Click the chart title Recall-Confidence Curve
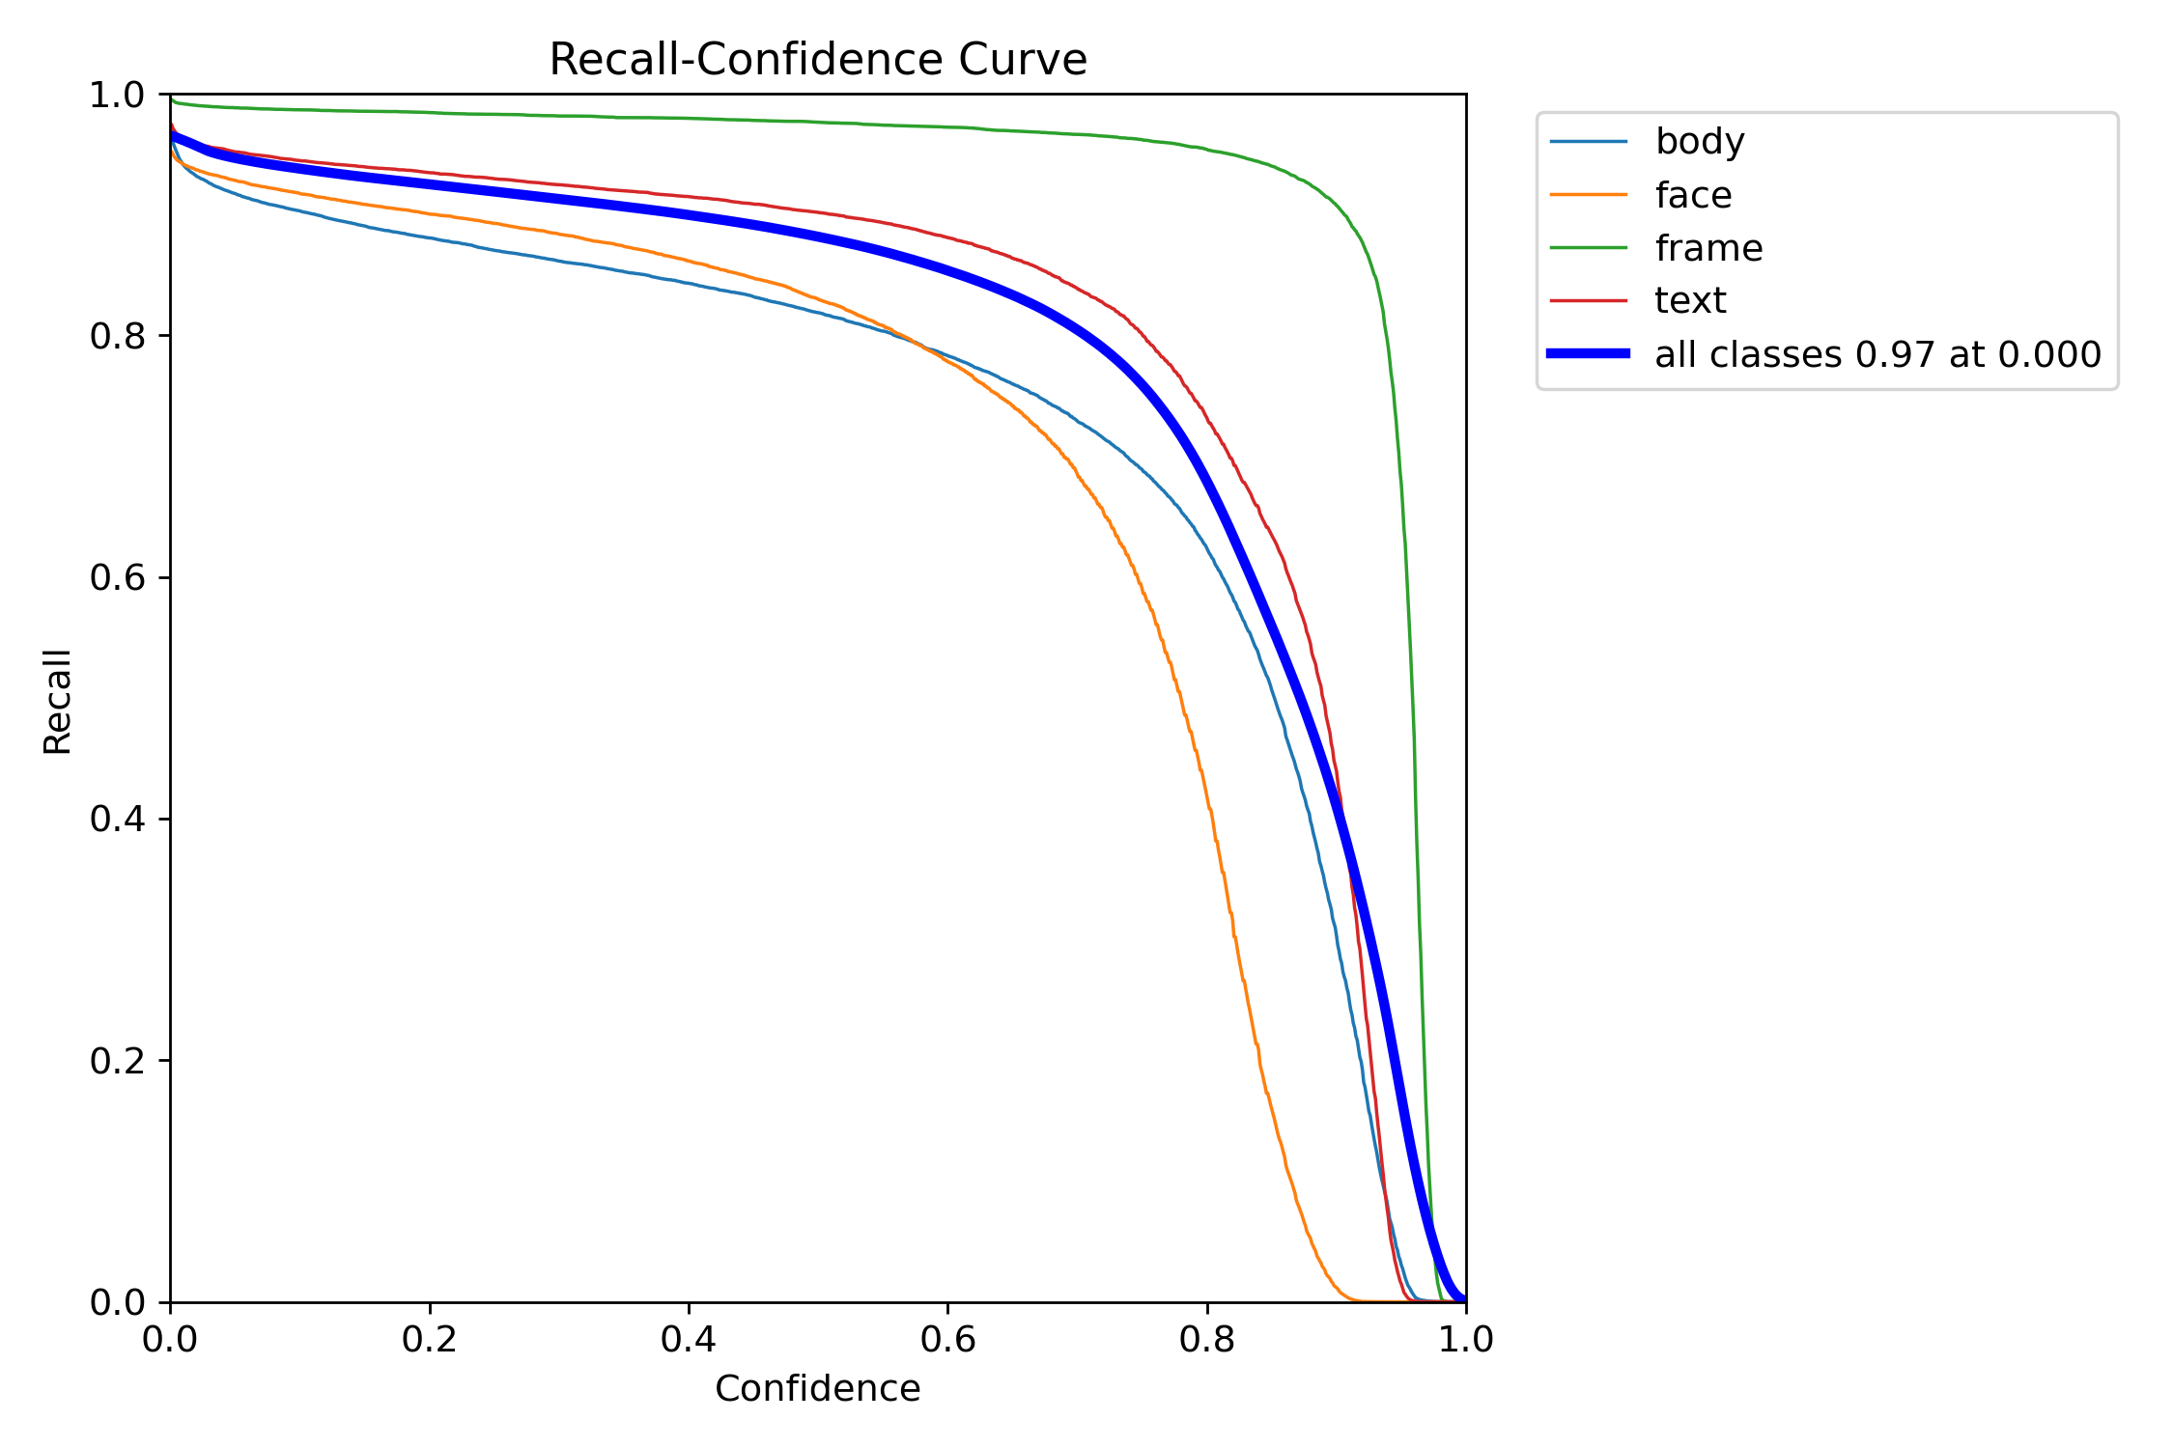818,60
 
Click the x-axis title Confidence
817,1389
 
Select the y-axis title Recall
57,701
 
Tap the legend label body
1700,142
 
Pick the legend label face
1693,195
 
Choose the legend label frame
1708,248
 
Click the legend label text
1690,301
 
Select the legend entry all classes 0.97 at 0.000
1877,354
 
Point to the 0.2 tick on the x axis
430,1339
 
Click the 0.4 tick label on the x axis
689,1339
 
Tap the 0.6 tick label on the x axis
947,1339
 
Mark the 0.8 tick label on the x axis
1207,1339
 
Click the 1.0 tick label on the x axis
1466,1339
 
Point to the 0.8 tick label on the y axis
117,336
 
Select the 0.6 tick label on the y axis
117,577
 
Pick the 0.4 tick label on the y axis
117,819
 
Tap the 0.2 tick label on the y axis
117,1060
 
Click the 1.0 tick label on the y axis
117,95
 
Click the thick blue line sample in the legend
1589,354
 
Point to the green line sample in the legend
1589,248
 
